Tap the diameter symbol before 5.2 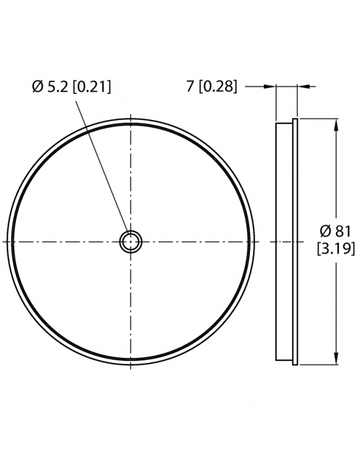(x=37, y=88)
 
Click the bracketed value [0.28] (x=218, y=88)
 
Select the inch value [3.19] (x=335, y=249)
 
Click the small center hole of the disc (x=130, y=242)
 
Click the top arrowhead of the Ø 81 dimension (x=336, y=123)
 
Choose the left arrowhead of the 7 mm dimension (x=270, y=87)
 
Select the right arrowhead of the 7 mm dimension (x=303, y=87)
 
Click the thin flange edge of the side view (x=295, y=242)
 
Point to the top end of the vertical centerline (x=130, y=116)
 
